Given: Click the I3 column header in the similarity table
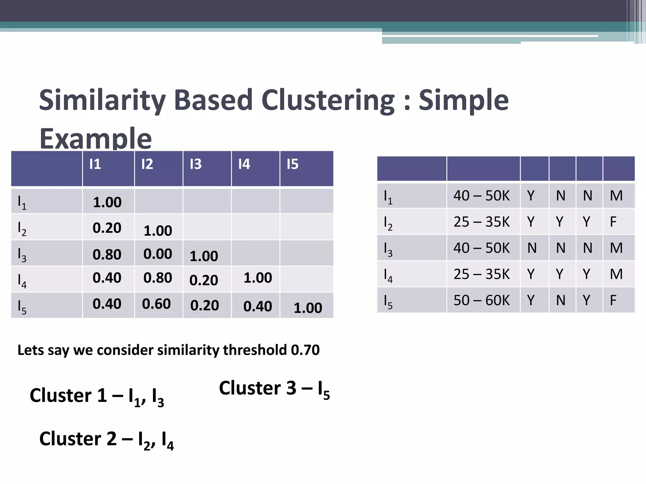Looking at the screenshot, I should pos(196,164).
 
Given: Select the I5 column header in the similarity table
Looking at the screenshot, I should pos(292,164).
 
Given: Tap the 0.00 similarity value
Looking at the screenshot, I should pos(158,254).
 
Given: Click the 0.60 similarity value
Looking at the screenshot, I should pos(156,304).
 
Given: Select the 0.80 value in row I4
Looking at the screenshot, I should pos(158,278).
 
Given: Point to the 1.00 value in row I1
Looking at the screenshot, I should pos(107,202).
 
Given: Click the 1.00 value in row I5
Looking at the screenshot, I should pos(308,308).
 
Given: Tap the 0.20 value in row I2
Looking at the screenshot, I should pos(107,228).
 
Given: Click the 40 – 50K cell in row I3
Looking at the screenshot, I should pos(481,248).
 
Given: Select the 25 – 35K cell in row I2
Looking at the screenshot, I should pos(481,222).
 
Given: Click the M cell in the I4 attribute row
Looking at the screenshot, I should pos(616,274).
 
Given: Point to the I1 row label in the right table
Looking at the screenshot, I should pos(388,197).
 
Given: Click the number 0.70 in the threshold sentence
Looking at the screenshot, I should pos(305,350).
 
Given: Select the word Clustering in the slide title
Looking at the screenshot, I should pos(328,100).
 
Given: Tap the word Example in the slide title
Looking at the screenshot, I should pos(95,139).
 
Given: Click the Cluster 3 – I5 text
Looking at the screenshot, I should pos(274,389).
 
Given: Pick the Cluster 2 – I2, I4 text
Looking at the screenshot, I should pos(106,440).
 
